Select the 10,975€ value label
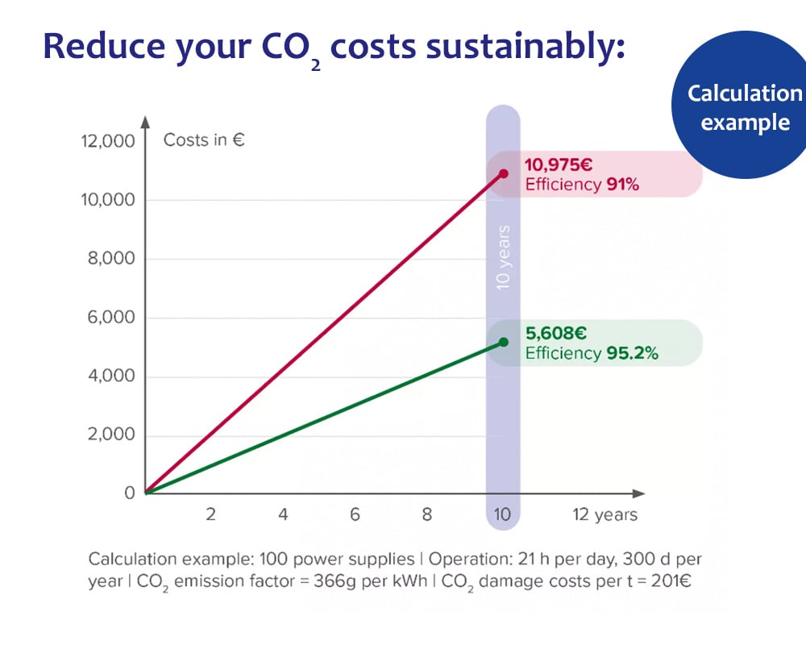click(559, 165)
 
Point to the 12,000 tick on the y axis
click(107, 142)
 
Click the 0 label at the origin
click(129, 493)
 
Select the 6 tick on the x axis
click(355, 515)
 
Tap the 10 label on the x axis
click(502, 515)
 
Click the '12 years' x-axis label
click(604, 515)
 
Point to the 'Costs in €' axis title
click(204, 139)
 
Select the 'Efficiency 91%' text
click(581, 185)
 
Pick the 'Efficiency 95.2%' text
click(592, 353)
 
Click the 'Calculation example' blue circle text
click(744, 107)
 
